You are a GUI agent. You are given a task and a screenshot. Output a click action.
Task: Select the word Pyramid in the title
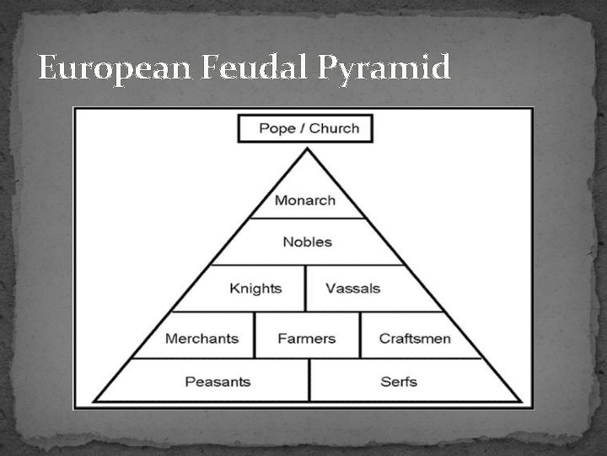coord(384,68)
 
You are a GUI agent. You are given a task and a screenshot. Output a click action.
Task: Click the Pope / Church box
coord(305,128)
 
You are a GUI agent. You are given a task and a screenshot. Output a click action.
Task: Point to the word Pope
coord(278,128)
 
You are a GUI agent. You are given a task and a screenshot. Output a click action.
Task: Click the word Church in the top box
coord(334,128)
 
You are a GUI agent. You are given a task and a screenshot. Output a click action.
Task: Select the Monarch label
coord(305,200)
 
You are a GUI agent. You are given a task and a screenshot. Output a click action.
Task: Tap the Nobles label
coord(307,242)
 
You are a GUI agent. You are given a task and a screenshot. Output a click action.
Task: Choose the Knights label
coord(255,288)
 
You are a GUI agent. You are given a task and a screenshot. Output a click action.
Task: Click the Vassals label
coord(353,288)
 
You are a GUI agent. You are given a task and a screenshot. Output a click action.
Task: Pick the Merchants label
coord(201,339)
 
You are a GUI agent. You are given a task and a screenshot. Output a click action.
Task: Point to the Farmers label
coord(307,339)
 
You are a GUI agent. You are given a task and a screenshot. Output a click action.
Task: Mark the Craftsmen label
coord(415,339)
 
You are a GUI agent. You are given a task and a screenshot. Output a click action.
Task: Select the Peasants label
coord(218,382)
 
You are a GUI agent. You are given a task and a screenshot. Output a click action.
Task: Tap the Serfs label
coord(400,382)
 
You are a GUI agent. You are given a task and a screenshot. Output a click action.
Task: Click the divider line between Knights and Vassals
coord(305,288)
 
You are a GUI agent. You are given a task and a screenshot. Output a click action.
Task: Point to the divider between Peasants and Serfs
coord(309,380)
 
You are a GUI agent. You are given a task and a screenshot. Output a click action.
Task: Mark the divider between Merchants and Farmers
coord(255,335)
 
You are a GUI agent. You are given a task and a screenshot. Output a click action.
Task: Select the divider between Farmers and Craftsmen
coord(360,335)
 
